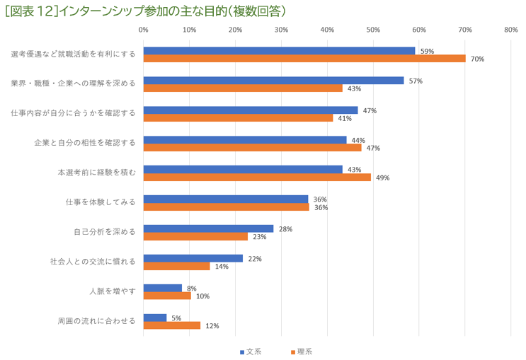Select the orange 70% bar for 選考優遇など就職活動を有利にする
point(304,59)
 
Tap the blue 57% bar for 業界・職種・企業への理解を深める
point(273,81)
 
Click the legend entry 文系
point(248,352)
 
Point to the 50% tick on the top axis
point(373,30)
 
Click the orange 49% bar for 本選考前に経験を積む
point(257,178)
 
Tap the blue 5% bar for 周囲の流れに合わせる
point(155,318)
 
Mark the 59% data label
point(427,51)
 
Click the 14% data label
point(222,267)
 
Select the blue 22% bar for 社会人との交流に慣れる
point(193,258)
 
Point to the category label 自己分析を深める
point(104,232)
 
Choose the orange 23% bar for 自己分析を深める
point(195,236)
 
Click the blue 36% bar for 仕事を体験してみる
point(226,199)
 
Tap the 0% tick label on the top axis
point(144,30)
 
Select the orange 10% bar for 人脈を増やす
point(167,296)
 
